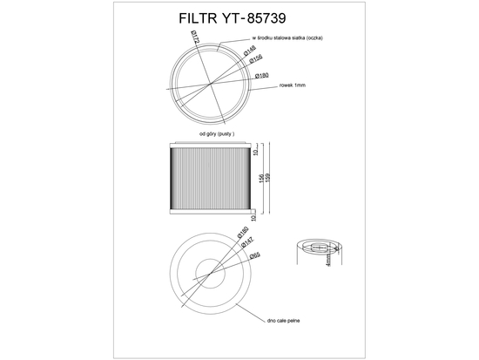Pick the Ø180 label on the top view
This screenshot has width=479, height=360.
[261, 77]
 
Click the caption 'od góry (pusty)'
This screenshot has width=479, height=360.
[217, 134]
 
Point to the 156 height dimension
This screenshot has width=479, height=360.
[260, 178]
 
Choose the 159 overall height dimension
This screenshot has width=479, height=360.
[268, 178]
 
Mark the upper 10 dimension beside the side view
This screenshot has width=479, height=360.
[255, 150]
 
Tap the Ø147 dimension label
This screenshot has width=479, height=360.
[246, 245]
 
